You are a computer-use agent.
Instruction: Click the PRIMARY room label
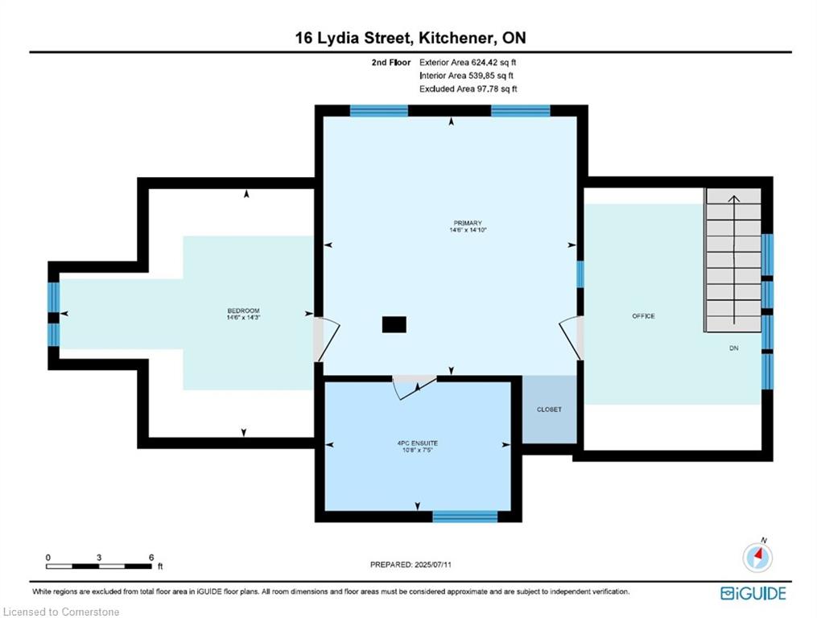click(x=468, y=223)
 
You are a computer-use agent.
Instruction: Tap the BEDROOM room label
click(x=243, y=311)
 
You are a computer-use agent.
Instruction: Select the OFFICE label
click(x=643, y=315)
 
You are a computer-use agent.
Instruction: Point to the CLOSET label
click(x=549, y=410)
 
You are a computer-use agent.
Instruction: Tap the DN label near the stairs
click(x=733, y=348)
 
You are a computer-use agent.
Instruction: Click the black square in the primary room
click(x=394, y=324)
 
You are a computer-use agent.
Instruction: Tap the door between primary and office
click(x=571, y=338)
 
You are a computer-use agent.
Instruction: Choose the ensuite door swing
click(x=415, y=387)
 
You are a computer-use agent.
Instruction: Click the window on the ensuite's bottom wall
click(x=464, y=517)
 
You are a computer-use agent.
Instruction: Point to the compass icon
click(x=757, y=557)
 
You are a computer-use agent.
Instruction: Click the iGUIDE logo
click(x=753, y=593)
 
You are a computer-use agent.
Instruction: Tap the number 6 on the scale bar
click(x=151, y=557)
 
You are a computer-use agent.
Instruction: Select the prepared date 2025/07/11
click(x=432, y=564)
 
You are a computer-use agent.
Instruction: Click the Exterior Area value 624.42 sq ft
click(x=493, y=62)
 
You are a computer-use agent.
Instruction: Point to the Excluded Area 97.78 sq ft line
click(x=468, y=89)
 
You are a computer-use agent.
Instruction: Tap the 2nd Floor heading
click(x=390, y=62)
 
